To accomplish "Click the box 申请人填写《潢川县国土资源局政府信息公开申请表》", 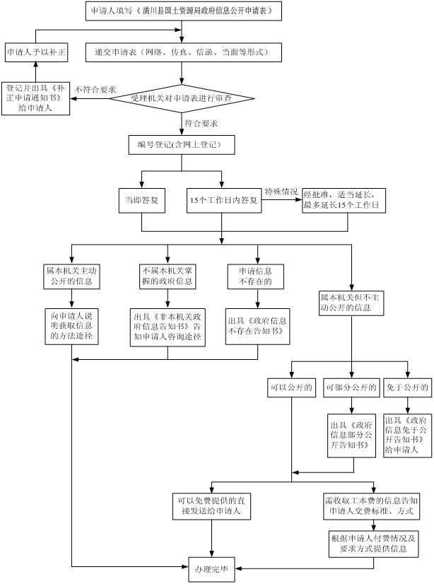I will [182, 11].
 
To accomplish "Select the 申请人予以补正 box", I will [36, 52].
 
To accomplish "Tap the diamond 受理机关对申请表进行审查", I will [182, 98].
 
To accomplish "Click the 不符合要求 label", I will [95, 88].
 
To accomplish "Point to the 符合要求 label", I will [201, 123].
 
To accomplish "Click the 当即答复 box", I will [141, 200].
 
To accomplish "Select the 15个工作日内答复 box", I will [223, 200].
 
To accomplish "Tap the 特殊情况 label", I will [281, 191].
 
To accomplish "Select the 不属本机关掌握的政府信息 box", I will [168, 275].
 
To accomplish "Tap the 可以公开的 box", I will [291, 388].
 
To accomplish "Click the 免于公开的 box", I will [407, 388].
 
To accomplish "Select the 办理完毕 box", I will [212, 568].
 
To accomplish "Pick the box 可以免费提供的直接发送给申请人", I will [210, 504].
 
